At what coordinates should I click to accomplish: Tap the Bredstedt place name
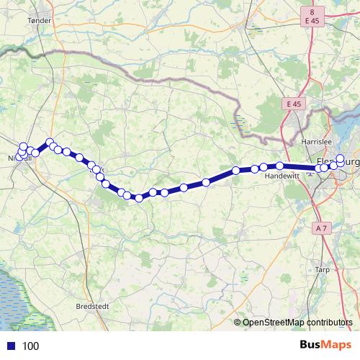click(x=94, y=306)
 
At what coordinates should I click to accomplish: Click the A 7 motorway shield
click(x=322, y=228)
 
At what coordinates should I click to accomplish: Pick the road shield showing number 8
click(x=312, y=12)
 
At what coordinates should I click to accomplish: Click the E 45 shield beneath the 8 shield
click(x=312, y=22)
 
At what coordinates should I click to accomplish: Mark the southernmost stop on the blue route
click(x=138, y=198)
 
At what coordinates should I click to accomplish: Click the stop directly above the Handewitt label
click(x=279, y=166)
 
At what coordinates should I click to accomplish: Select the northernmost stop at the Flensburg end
click(x=341, y=158)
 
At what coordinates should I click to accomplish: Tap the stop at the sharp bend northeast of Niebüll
click(x=50, y=143)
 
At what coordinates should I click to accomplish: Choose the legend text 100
click(x=30, y=346)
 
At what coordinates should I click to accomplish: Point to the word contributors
click(x=331, y=323)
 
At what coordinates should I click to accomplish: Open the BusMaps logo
click(x=325, y=345)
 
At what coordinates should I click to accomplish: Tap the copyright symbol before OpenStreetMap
click(x=237, y=323)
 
